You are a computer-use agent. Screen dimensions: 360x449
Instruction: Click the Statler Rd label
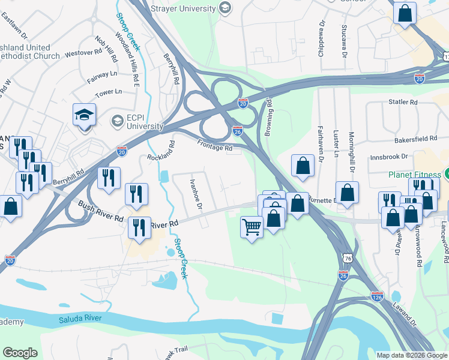coord(403,103)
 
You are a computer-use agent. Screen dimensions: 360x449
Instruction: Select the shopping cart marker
coord(252,227)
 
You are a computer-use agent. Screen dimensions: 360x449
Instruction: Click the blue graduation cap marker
coord(84,114)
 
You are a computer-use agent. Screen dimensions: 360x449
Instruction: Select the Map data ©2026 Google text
coord(411,355)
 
